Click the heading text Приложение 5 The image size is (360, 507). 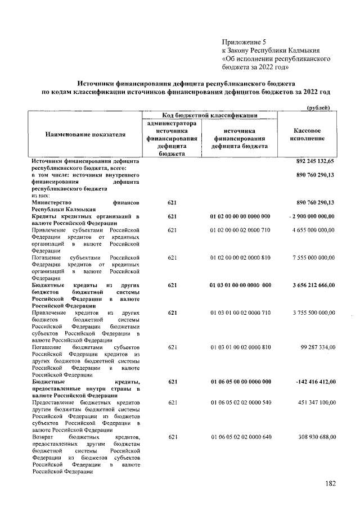point(243,41)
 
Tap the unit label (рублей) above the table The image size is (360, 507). point(321,108)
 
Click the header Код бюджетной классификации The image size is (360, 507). point(210,115)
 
